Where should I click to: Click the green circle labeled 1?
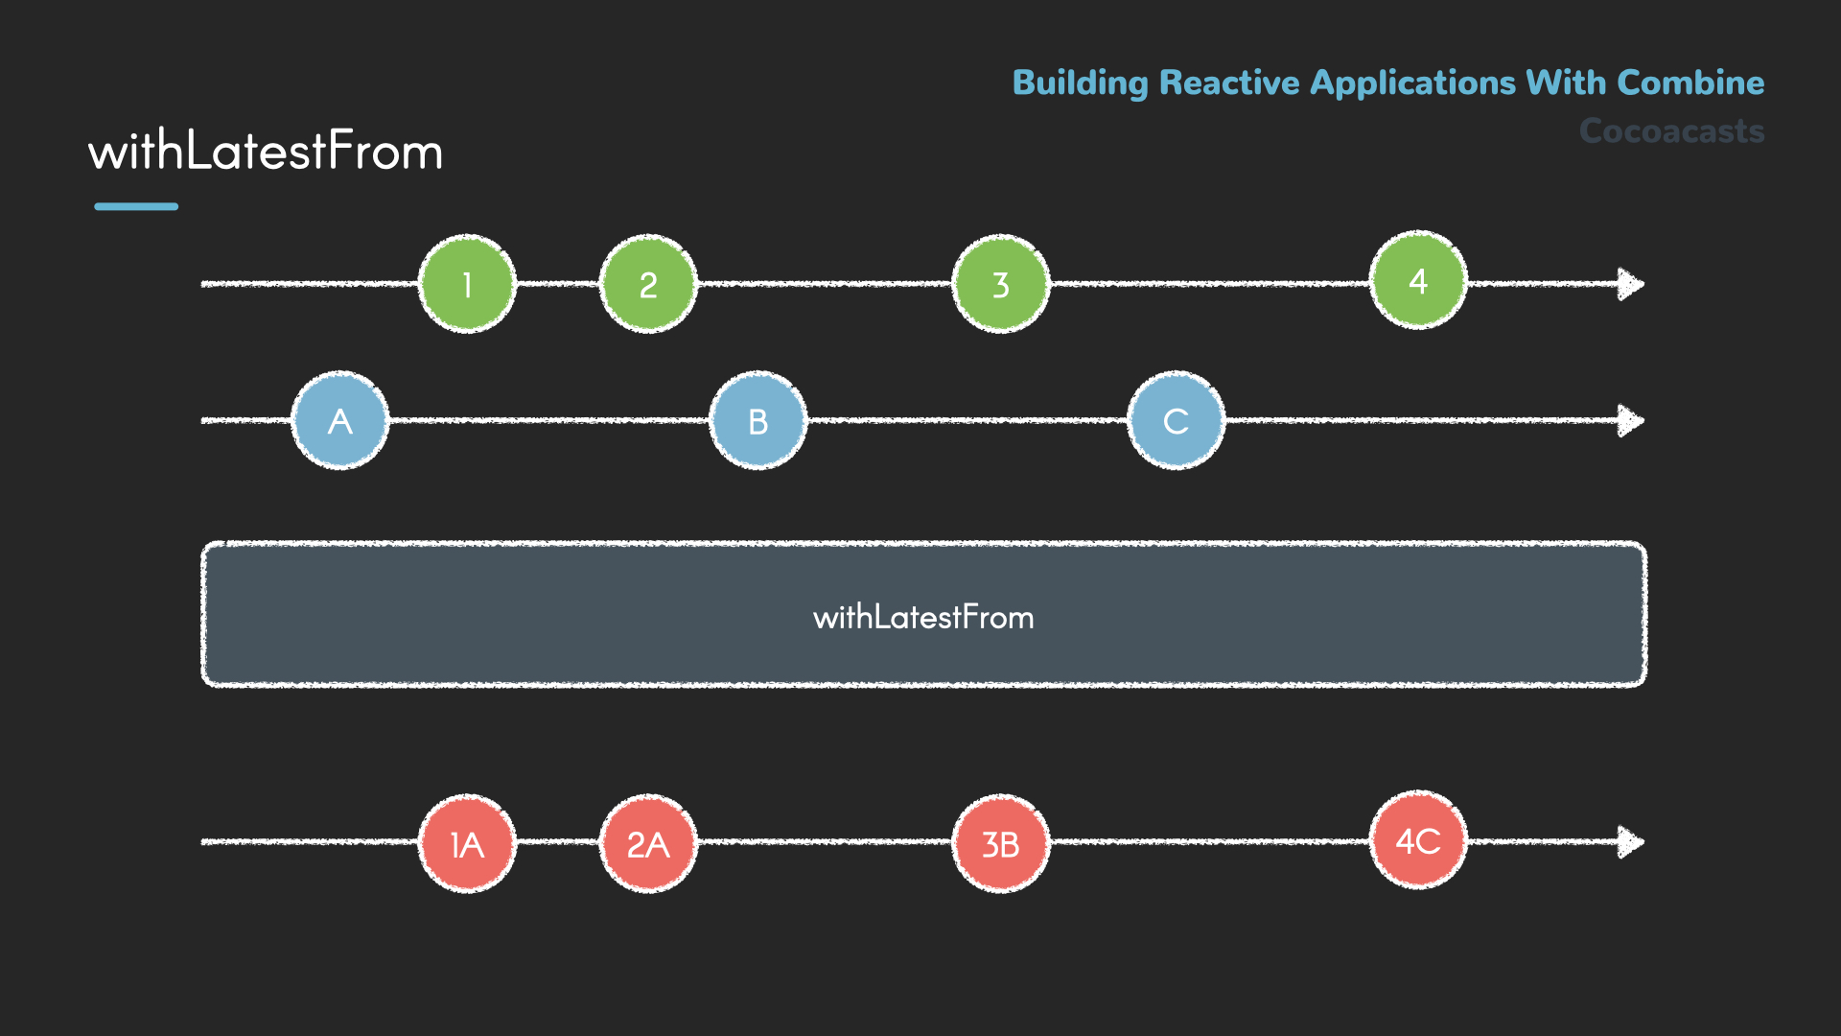(x=467, y=284)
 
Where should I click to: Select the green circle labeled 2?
(x=648, y=284)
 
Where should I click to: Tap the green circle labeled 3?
(x=1000, y=284)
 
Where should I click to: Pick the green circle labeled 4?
(x=1418, y=280)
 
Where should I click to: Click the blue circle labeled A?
(x=339, y=420)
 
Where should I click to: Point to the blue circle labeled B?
(x=757, y=420)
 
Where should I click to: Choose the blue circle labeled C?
(x=1176, y=420)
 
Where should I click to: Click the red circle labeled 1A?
(x=467, y=843)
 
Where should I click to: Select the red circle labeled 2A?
(x=648, y=843)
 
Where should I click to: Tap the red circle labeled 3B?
(x=1000, y=843)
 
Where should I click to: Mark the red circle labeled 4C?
(x=1418, y=840)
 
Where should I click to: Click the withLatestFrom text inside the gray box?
(x=923, y=617)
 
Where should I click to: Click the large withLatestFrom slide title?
(x=266, y=152)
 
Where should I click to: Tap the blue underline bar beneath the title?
(x=136, y=206)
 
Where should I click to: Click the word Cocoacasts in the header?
(x=1671, y=130)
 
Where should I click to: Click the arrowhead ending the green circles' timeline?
(x=1630, y=284)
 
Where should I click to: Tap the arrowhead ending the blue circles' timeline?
(x=1630, y=420)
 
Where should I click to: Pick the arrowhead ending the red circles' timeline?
(x=1630, y=842)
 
